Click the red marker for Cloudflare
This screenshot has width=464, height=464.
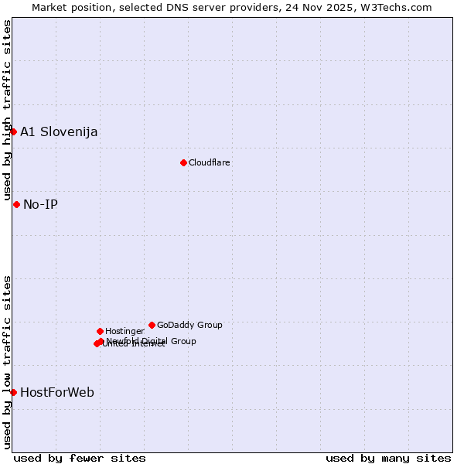(x=183, y=162)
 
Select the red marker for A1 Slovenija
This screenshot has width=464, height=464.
(x=13, y=131)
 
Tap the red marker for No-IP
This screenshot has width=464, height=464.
(x=16, y=204)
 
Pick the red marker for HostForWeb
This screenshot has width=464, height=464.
(x=13, y=392)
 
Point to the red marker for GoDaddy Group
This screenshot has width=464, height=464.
(x=152, y=325)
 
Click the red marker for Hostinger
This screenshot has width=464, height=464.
(x=100, y=331)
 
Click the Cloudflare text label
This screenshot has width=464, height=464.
(x=210, y=162)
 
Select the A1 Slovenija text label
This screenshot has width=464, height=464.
(x=59, y=131)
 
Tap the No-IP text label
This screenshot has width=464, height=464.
(x=40, y=204)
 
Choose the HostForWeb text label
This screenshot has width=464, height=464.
(x=57, y=392)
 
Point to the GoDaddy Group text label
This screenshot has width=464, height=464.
(x=189, y=325)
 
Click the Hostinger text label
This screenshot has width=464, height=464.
(x=125, y=331)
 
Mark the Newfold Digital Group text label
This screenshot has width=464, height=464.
(x=152, y=341)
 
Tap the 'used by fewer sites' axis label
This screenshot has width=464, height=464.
(x=80, y=458)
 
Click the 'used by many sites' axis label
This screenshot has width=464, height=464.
(x=388, y=458)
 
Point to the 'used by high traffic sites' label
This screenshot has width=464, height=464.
(x=7, y=110)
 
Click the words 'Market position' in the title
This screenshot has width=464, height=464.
(x=68, y=7)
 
